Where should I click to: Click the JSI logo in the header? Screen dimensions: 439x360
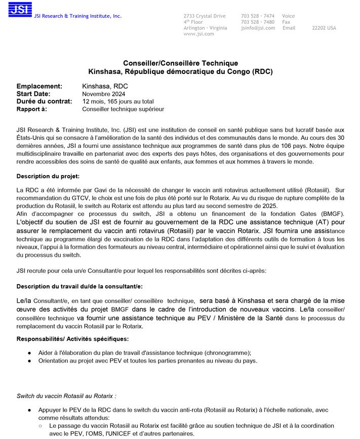pos(20,10)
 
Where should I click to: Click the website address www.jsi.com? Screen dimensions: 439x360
pos(198,34)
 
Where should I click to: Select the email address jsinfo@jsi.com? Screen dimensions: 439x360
pos(258,28)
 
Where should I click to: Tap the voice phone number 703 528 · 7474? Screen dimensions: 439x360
pos(258,16)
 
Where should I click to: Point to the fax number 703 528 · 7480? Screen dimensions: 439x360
pos(258,22)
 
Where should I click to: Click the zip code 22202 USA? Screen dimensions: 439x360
pos(324,28)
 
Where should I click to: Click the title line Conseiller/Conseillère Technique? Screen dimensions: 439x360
pos(180,63)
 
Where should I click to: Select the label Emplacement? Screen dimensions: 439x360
pos(39,87)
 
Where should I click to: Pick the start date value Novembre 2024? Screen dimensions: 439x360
pos(103,94)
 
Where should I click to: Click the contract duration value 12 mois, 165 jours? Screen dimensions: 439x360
pos(118,102)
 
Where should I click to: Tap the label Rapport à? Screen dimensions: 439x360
pos(31,109)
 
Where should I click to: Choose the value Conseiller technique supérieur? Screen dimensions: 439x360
pos(123,109)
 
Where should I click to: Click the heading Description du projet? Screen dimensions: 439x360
pos(48,176)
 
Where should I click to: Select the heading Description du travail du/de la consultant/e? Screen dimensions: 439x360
pos(79,287)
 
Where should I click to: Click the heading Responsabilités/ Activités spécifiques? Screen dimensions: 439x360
pos(72,339)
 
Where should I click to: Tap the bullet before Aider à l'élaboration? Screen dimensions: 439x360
pos(30,353)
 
